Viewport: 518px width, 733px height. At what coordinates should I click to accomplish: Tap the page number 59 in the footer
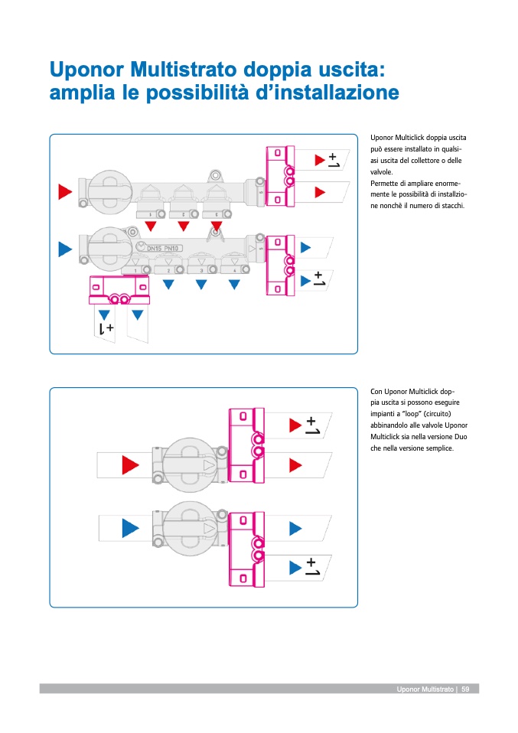coord(465,689)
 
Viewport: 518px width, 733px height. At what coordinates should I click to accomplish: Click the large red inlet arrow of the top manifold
coord(65,191)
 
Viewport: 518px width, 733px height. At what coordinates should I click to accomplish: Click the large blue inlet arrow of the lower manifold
coord(65,249)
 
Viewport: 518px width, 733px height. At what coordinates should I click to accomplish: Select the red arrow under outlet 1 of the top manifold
coord(151,226)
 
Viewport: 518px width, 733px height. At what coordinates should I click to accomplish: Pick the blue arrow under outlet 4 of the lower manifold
coord(234,285)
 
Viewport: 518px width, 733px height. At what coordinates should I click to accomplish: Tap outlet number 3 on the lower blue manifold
coord(202,270)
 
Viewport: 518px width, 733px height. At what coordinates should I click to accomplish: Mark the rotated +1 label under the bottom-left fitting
coord(106,329)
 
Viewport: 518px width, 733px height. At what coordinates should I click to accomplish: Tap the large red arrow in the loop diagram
coord(131,464)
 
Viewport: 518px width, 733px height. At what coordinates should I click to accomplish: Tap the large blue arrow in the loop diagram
coord(131,527)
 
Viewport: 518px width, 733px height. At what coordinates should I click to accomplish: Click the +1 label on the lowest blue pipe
coord(312,567)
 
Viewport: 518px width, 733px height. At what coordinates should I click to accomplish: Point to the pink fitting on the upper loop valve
coord(246,445)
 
